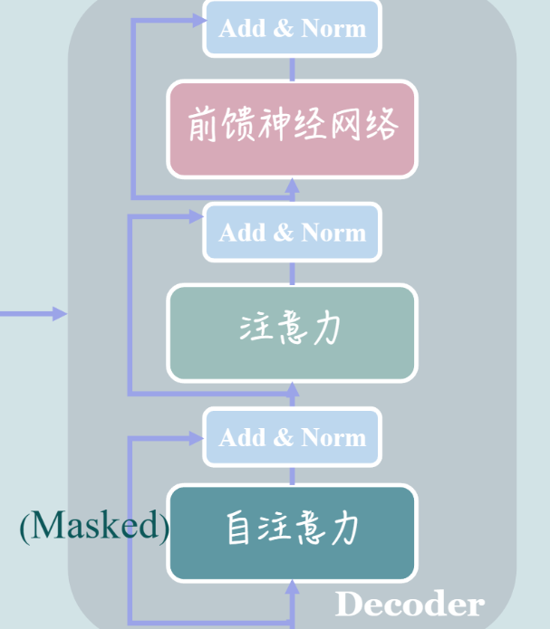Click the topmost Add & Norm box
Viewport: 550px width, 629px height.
pos(292,28)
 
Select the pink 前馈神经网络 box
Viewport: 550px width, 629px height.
pos(292,129)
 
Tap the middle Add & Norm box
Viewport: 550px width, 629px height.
pos(292,233)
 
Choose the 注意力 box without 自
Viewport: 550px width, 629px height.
pos(292,333)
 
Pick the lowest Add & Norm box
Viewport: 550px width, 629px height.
pos(292,437)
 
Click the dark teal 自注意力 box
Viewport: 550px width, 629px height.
pos(292,533)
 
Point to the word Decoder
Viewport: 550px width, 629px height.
pos(410,604)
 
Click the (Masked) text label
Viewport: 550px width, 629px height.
pos(95,526)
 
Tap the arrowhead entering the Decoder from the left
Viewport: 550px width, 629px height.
pos(60,314)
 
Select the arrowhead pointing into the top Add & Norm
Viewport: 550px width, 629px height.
pos(198,21)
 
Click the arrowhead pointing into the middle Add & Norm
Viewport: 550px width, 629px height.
pos(196,217)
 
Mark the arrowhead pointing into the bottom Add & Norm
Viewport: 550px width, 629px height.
pos(196,438)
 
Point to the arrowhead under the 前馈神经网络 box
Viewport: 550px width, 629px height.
pos(292,186)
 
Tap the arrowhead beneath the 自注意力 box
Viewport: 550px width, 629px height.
pos(292,586)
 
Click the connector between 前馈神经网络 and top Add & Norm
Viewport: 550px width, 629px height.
pos(292,69)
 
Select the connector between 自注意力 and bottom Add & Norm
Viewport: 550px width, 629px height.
pos(292,475)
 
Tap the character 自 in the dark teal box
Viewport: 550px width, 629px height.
pos(238,527)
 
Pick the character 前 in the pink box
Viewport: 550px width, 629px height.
pos(203,124)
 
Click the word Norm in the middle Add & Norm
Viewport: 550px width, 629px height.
pos(333,233)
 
